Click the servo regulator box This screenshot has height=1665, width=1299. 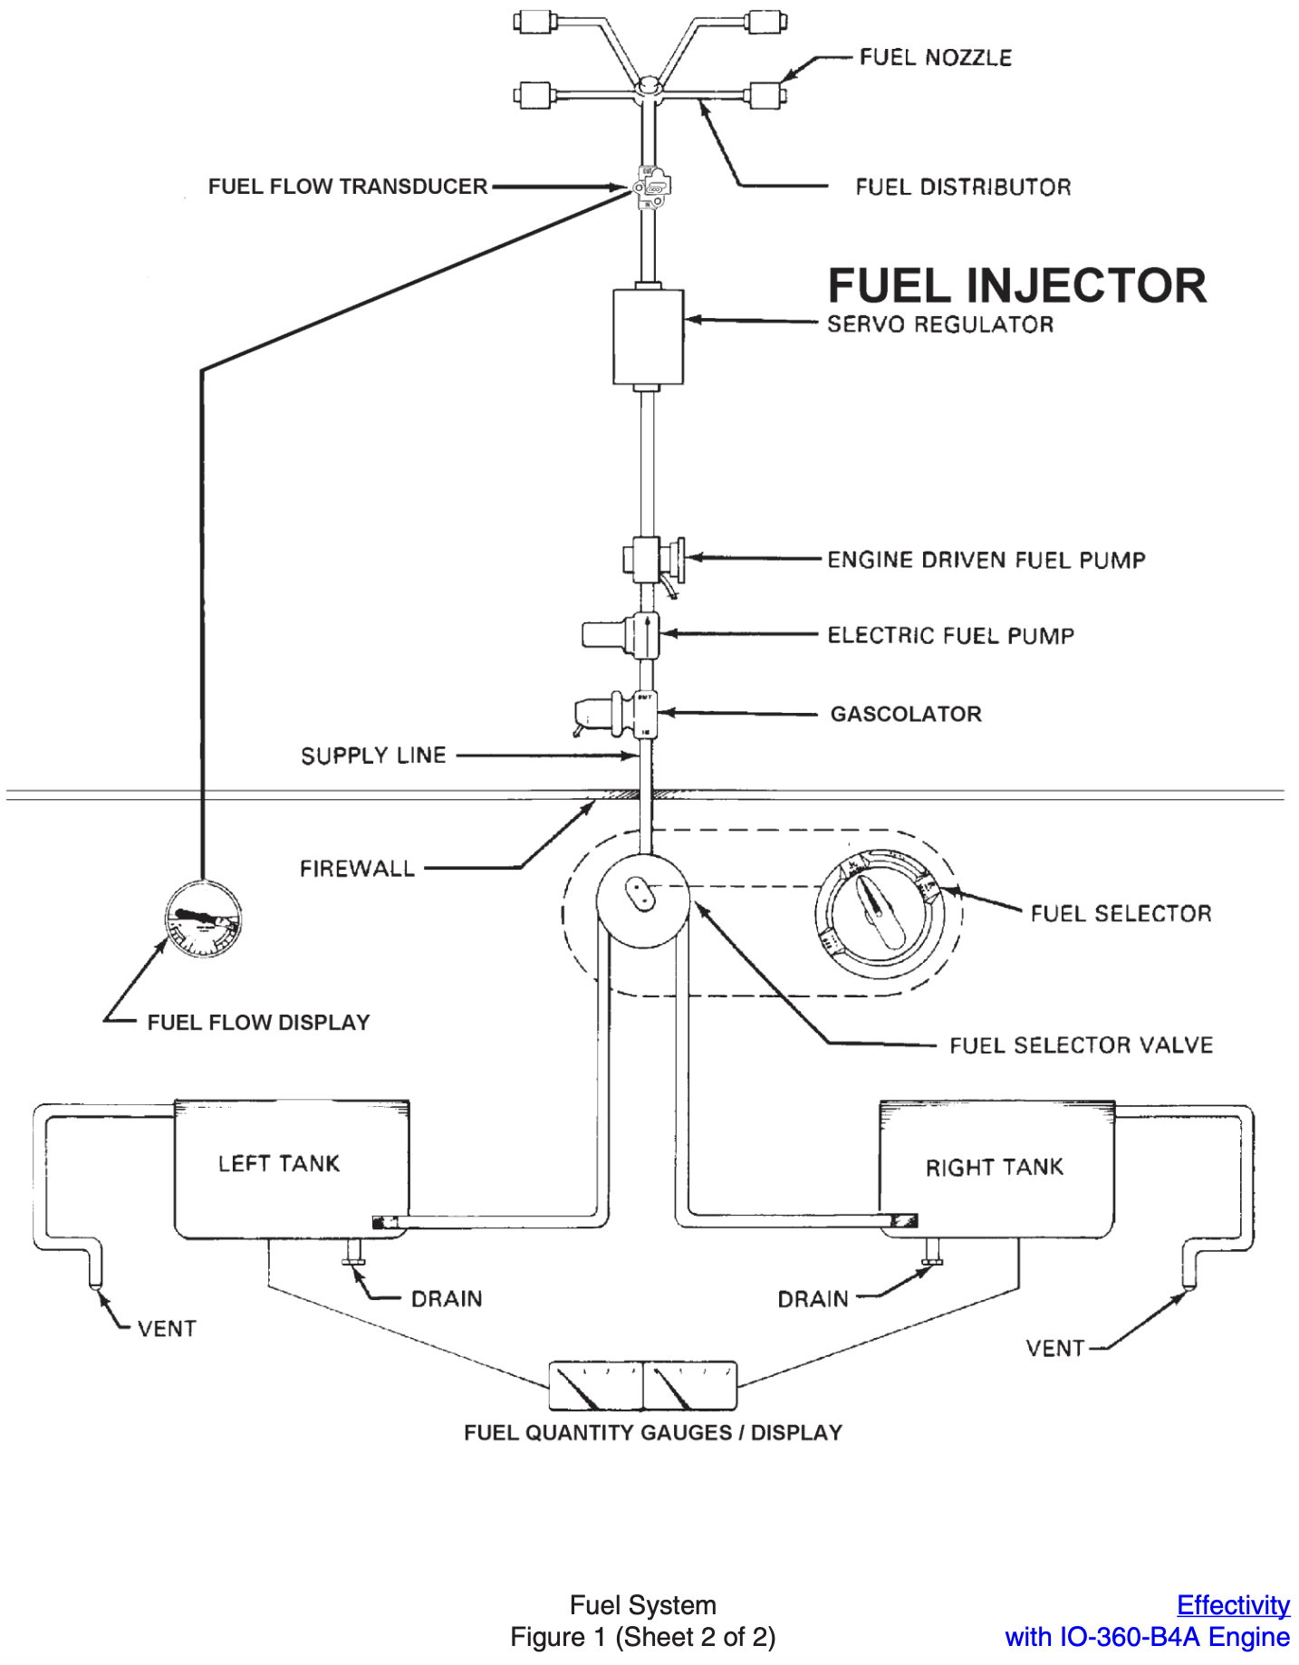[648, 336]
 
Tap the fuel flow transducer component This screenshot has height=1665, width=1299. [652, 187]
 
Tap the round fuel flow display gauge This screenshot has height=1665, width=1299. [203, 919]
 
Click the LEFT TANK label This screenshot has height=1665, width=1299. [279, 1163]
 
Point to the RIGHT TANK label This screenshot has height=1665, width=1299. [994, 1167]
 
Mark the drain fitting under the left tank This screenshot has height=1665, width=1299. [353, 1255]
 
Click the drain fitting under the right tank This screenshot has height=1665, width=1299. [931, 1255]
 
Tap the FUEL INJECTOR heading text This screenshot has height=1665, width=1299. [1016, 286]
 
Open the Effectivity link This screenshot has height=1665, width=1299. [1232, 1605]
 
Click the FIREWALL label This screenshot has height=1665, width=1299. [357, 869]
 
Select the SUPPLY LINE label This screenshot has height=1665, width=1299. [373, 756]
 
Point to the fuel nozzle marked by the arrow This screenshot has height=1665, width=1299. [766, 94]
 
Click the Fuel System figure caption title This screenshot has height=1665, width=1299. [642, 1605]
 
